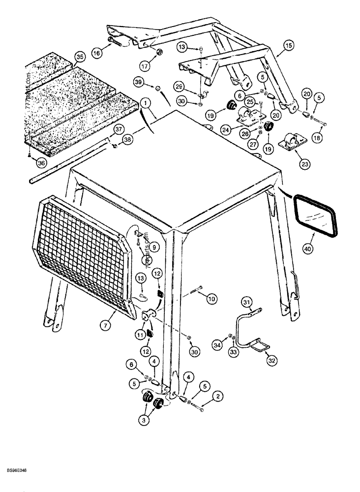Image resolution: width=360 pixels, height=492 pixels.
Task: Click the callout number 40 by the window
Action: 307,250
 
